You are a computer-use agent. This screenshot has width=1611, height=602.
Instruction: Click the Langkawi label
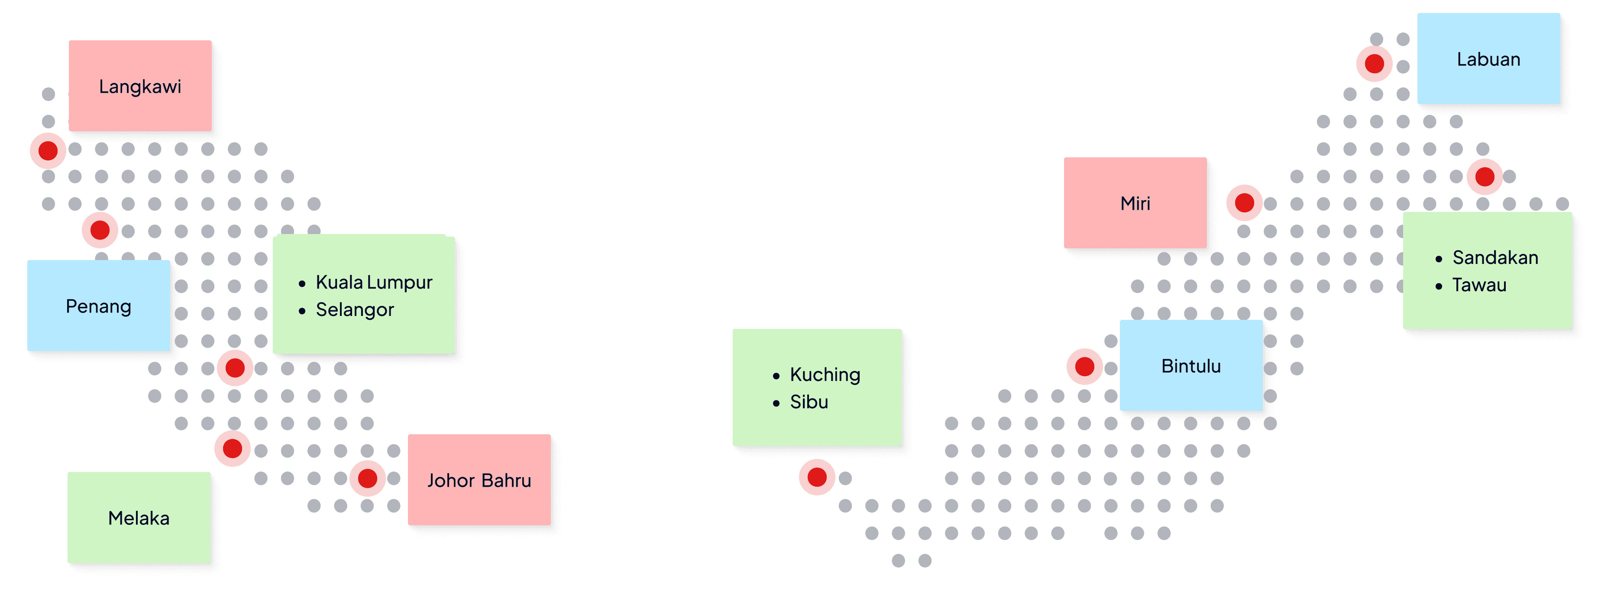pos(140,86)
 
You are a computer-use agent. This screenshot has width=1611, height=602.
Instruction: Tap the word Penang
pos(98,306)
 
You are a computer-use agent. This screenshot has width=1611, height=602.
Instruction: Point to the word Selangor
pos(355,310)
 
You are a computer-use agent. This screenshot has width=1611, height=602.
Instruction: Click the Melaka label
pos(139,518)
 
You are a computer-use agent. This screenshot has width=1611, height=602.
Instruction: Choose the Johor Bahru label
pos(479,480)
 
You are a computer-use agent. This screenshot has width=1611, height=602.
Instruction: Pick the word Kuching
pos(825,374)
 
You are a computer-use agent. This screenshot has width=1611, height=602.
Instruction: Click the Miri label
pos(1135,203)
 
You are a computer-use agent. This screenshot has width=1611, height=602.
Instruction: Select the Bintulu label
pos(1191,366)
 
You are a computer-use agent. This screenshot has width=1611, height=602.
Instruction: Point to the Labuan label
pos(1488,59)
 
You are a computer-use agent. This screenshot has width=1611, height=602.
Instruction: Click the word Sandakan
pos(1495,257)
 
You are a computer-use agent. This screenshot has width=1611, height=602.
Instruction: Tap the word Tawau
pos(1479,285)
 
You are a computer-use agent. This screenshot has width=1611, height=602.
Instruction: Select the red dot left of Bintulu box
pos(1084,367)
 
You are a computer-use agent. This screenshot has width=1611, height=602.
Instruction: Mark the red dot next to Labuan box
pos(1374,64)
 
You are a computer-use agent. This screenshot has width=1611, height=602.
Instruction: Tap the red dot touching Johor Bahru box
pos(368,479)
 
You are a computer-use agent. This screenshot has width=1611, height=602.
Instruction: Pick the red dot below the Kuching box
pos(817,478)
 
